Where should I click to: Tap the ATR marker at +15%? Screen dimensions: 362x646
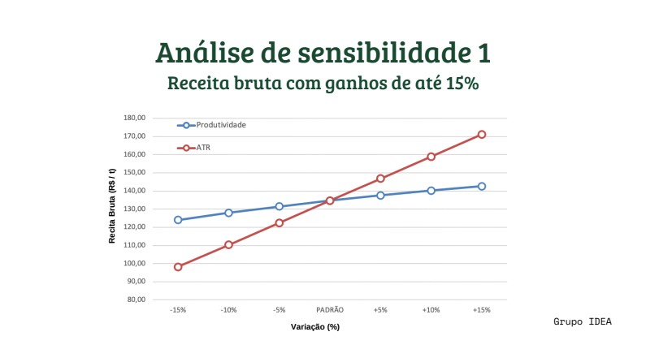point(482,135)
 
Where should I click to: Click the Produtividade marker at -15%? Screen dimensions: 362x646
point(178,220)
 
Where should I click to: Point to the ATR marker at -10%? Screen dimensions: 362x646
point(228,244)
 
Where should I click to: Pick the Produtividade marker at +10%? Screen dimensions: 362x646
point(431,191)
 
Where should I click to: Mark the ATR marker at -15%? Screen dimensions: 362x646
point(178,266)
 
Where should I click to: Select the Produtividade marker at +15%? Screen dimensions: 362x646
point(482,186)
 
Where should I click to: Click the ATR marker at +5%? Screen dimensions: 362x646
point(380,179)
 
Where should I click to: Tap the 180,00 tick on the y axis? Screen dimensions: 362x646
point(134,118)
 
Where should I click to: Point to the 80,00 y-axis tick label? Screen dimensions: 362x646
point(136,300)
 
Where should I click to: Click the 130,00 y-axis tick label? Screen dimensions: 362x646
point(134,209)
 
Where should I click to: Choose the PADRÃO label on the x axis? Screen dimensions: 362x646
point(330,310)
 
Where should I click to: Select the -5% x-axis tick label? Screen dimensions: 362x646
point(279,310)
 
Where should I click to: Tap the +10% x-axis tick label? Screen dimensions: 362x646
point(431,310)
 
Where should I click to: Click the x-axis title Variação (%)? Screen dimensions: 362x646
point(315,327)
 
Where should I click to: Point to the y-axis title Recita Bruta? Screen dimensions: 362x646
point(112,209)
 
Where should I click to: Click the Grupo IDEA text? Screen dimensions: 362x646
point(583,322)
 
